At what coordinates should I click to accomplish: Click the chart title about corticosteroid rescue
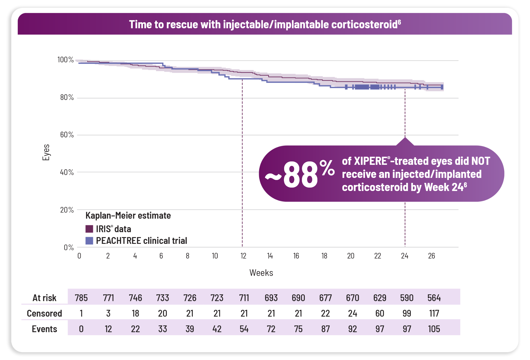(265, 24)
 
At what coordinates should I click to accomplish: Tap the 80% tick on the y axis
(67, 98)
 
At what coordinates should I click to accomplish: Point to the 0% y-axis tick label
(69, 247)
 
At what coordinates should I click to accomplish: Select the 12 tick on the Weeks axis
(243, 256)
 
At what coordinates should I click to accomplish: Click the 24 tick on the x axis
(405, 256)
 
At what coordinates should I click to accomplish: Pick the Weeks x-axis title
(261, 273)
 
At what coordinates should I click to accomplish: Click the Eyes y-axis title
(46, 152)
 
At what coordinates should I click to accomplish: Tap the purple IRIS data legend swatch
(89, 229)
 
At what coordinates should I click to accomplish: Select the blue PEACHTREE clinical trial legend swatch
(89, 241)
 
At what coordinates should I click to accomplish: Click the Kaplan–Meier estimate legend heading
(128, 216)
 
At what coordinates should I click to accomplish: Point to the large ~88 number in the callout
(300, 175)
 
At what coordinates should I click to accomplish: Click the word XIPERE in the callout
(371, 161)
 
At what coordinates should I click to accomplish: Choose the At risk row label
(44, 298)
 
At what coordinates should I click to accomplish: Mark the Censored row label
(44, 313)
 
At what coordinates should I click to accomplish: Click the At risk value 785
(81, 298)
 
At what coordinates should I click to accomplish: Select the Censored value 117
(434, 313)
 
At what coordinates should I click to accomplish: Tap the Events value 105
(434, 329)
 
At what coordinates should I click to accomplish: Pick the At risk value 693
(271, 298)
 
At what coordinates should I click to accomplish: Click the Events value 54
(244, 329)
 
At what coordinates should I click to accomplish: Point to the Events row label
(44, 329)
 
